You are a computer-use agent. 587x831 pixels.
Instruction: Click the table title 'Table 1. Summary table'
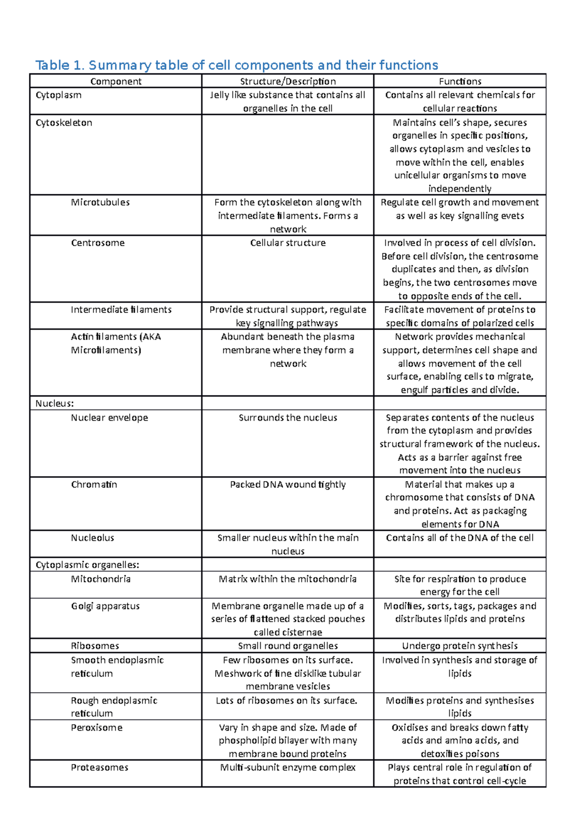[x=236, y=65]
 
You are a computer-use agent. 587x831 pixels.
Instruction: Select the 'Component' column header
[x=116, y=81]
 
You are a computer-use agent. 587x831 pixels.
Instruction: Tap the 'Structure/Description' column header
[x=288, y=81]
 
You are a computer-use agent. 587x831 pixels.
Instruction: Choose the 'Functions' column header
[x=460, y=81]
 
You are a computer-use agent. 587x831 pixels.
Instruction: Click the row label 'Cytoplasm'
[x=59, y=95]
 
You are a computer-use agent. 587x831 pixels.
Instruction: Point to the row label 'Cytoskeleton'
[x=64, y=123]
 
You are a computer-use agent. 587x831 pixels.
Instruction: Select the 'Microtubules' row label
[x=100, y=202]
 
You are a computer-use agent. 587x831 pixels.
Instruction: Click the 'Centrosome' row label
[x=98, y=243]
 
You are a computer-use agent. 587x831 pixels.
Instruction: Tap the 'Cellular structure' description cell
[x=288, y=243]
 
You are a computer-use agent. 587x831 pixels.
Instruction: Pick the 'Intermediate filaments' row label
[x=121, y=310]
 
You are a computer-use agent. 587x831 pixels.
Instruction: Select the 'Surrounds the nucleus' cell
[x=288, y=417]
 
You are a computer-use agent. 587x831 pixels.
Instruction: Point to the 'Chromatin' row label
[x=94, y=485]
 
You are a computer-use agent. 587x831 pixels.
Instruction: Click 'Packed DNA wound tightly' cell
[x=288, y=485]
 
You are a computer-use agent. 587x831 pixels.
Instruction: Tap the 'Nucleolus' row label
[x=92, y=538]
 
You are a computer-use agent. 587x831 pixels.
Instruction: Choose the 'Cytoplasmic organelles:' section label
[x=88, y=565]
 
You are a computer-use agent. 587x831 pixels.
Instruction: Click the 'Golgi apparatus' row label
[x=105, y=606]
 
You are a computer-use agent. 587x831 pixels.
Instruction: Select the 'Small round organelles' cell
[x=288, y=646]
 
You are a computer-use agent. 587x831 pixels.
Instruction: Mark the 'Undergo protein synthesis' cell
[x=460, y=646]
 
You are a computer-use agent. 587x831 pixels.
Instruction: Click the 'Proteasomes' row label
[x=100, y=767]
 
